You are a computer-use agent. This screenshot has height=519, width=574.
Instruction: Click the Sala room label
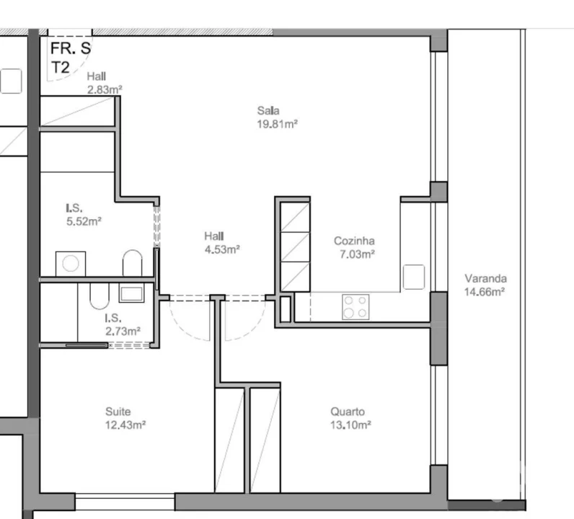(268, 111)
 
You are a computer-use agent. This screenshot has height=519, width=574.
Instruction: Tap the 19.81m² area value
(278, 123)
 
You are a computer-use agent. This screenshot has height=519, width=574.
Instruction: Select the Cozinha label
(354, 241)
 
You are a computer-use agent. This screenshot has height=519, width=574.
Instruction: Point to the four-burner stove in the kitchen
(353, 306)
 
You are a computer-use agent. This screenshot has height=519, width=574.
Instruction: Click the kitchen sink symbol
(414, 276)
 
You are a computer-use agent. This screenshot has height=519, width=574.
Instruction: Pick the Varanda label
(485, 279)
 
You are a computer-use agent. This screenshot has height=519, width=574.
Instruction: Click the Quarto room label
(348, 412)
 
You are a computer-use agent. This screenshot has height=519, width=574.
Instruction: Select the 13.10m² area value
(350, 425)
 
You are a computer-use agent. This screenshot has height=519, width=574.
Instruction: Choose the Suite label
(118, 412)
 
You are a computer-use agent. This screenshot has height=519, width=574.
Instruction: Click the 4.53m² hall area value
(221, 249)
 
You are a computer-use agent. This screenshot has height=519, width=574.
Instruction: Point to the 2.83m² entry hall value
(104, 89)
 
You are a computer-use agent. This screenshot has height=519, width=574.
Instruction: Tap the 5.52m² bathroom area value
(82, 221)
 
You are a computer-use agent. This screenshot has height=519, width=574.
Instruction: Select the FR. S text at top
(70, 50)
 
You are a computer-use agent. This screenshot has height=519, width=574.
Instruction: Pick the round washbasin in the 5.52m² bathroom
(70, 263)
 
